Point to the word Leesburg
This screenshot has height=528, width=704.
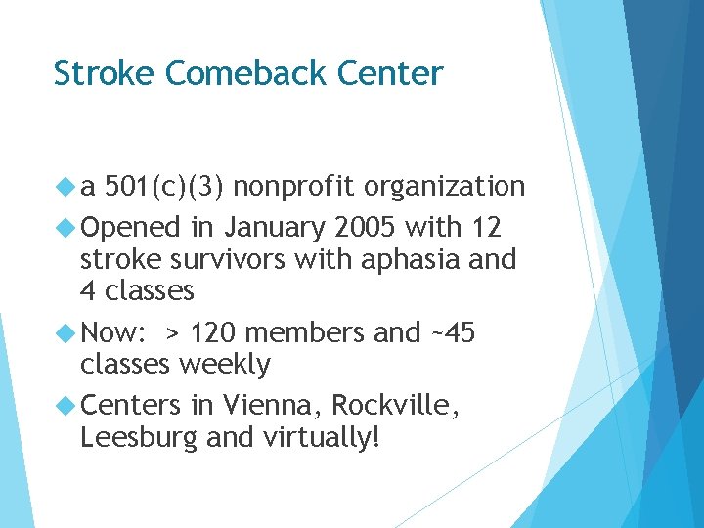point(139,438)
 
